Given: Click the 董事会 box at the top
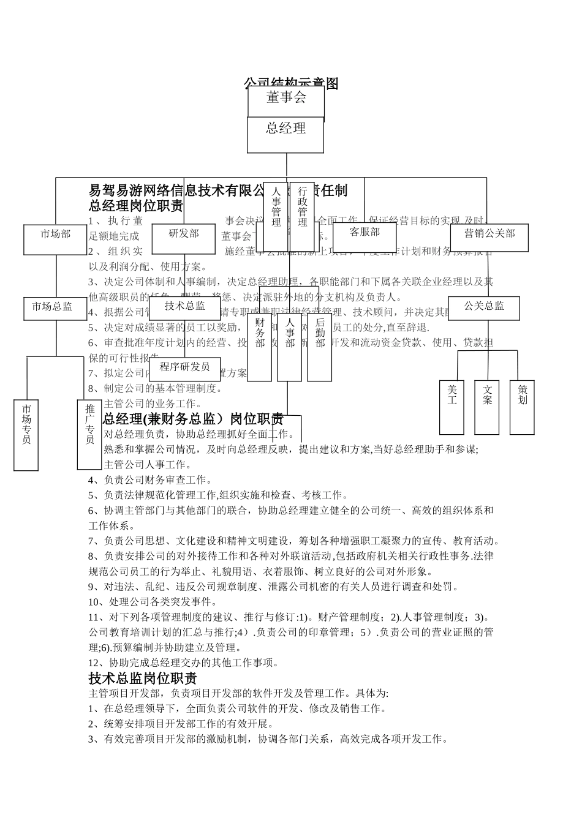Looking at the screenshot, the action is (x=286, y=100).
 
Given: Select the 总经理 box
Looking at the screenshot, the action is (x=285, y=134).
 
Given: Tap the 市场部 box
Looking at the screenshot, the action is (x=56, y=239).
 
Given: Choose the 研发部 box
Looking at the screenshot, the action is (x=184, y=239).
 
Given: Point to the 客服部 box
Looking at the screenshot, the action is (x=365, y=237).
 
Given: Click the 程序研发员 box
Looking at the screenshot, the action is (x=184, y=369).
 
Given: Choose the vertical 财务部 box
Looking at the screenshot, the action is (x=260, y=347).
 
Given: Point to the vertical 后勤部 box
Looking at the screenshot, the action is (x=320, y=347).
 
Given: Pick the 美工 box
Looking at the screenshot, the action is (x=452, y=407).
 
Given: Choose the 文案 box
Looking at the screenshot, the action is (x=487, y=407).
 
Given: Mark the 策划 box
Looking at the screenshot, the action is (x=523, y=407).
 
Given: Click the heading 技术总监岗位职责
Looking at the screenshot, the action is (x=143, y=678).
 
